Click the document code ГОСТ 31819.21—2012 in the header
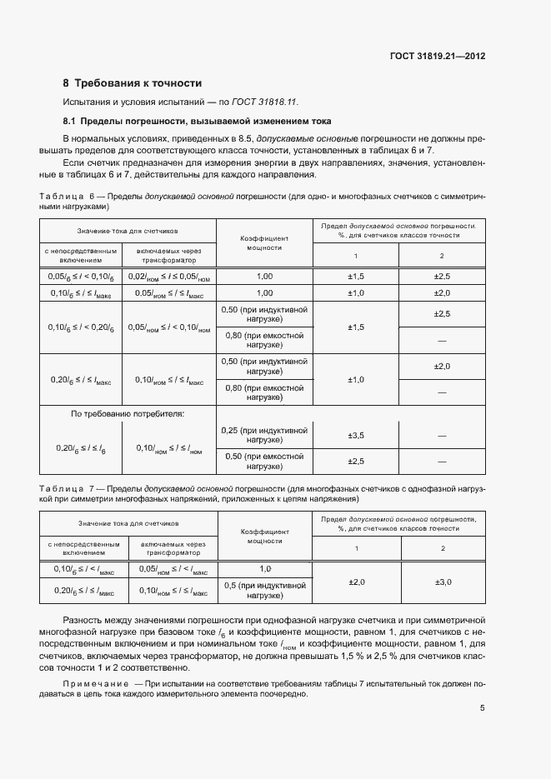point(438,57)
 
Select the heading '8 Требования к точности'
point(133,83)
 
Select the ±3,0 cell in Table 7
point(442,582)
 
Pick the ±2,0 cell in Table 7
point(355,582)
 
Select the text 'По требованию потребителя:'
point(128,413)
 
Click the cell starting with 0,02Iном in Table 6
point(169,276)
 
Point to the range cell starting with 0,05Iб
point(80,276)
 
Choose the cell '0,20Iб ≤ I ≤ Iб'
point(80,448)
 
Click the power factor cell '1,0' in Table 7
point(265,568)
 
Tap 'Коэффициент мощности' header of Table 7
point(265,535)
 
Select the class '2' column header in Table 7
point(442,547)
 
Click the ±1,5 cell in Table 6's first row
point(355,276)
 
